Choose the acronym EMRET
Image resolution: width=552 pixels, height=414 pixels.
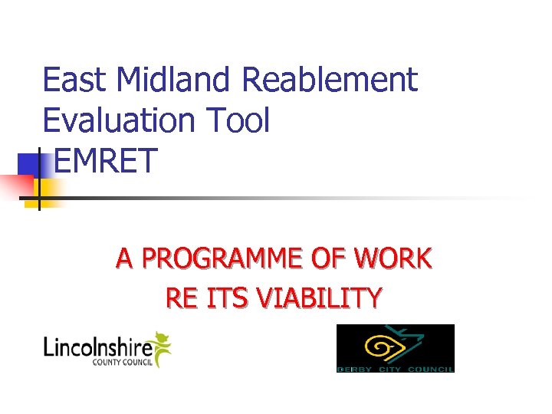tap(106, 161)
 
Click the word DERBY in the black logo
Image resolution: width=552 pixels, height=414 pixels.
tap(355, 369)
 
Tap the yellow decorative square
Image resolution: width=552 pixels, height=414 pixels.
tap(48, 187)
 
